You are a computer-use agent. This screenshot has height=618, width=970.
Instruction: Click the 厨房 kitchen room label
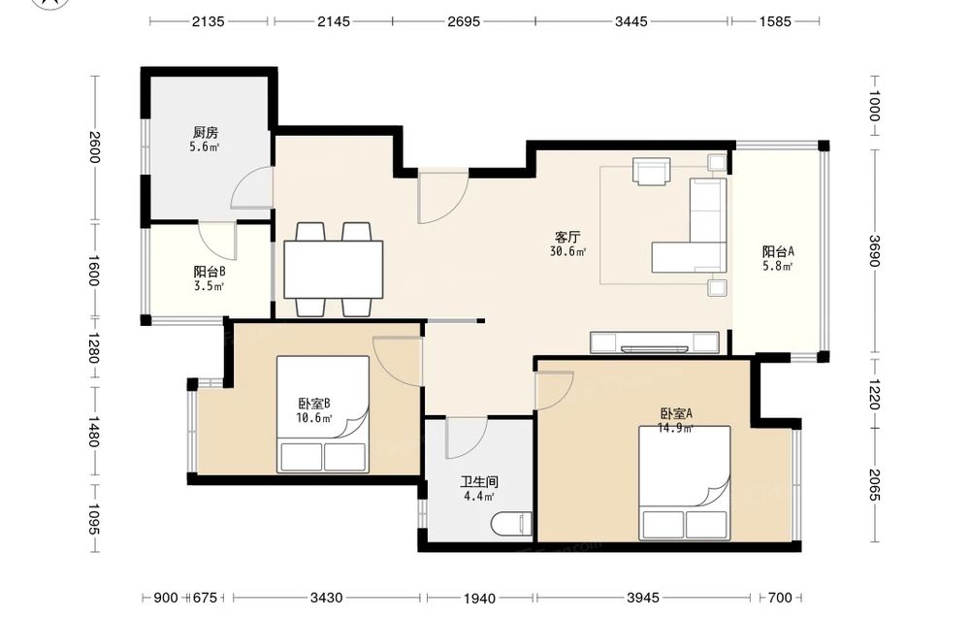point(206,132)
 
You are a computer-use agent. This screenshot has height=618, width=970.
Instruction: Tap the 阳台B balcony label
point(209,272)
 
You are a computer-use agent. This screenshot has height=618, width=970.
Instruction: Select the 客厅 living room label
point(567,237)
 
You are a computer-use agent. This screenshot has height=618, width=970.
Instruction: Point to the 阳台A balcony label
point(778,252)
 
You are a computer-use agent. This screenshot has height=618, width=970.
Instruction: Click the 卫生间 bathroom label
point(479,482)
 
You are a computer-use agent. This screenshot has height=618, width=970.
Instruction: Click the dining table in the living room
point(334,270)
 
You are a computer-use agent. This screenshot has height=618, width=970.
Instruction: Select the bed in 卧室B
point(323,414)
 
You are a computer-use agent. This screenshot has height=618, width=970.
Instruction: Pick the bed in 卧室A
point(684,482)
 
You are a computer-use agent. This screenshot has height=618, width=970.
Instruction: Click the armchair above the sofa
point(652,171)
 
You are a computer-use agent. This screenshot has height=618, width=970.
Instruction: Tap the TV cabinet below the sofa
point(655,342)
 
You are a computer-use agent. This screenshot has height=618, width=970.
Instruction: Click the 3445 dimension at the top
point(631,21)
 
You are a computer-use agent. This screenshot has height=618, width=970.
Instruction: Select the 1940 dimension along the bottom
point(479,599)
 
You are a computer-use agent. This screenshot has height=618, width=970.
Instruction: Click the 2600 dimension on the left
point(94,147)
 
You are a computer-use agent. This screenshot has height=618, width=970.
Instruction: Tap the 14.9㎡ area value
point(675,428)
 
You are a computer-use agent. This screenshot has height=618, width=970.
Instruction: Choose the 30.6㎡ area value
point(567,251)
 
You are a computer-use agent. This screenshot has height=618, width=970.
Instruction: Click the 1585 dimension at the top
point(775,21)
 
